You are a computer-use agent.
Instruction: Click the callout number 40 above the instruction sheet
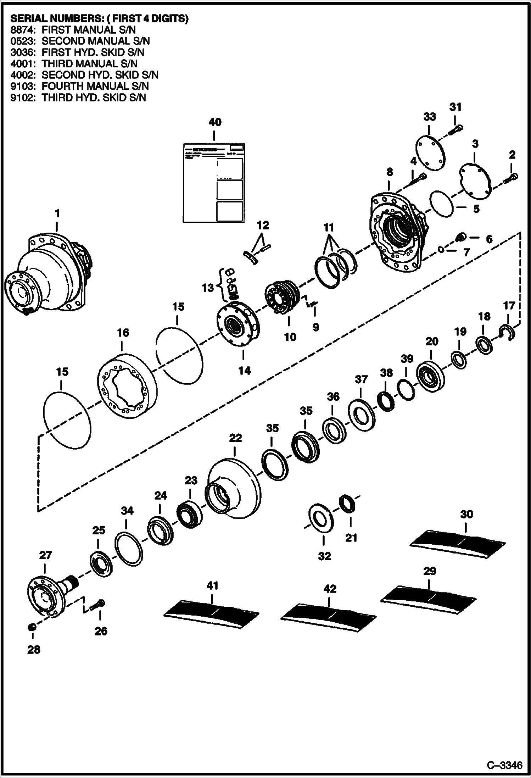coord(215,122)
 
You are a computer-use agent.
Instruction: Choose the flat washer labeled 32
coord(320,520)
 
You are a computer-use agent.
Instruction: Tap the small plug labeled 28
coord(32,627)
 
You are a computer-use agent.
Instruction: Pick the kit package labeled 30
coord(457,545)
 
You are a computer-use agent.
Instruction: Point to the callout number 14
coord(244,371)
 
